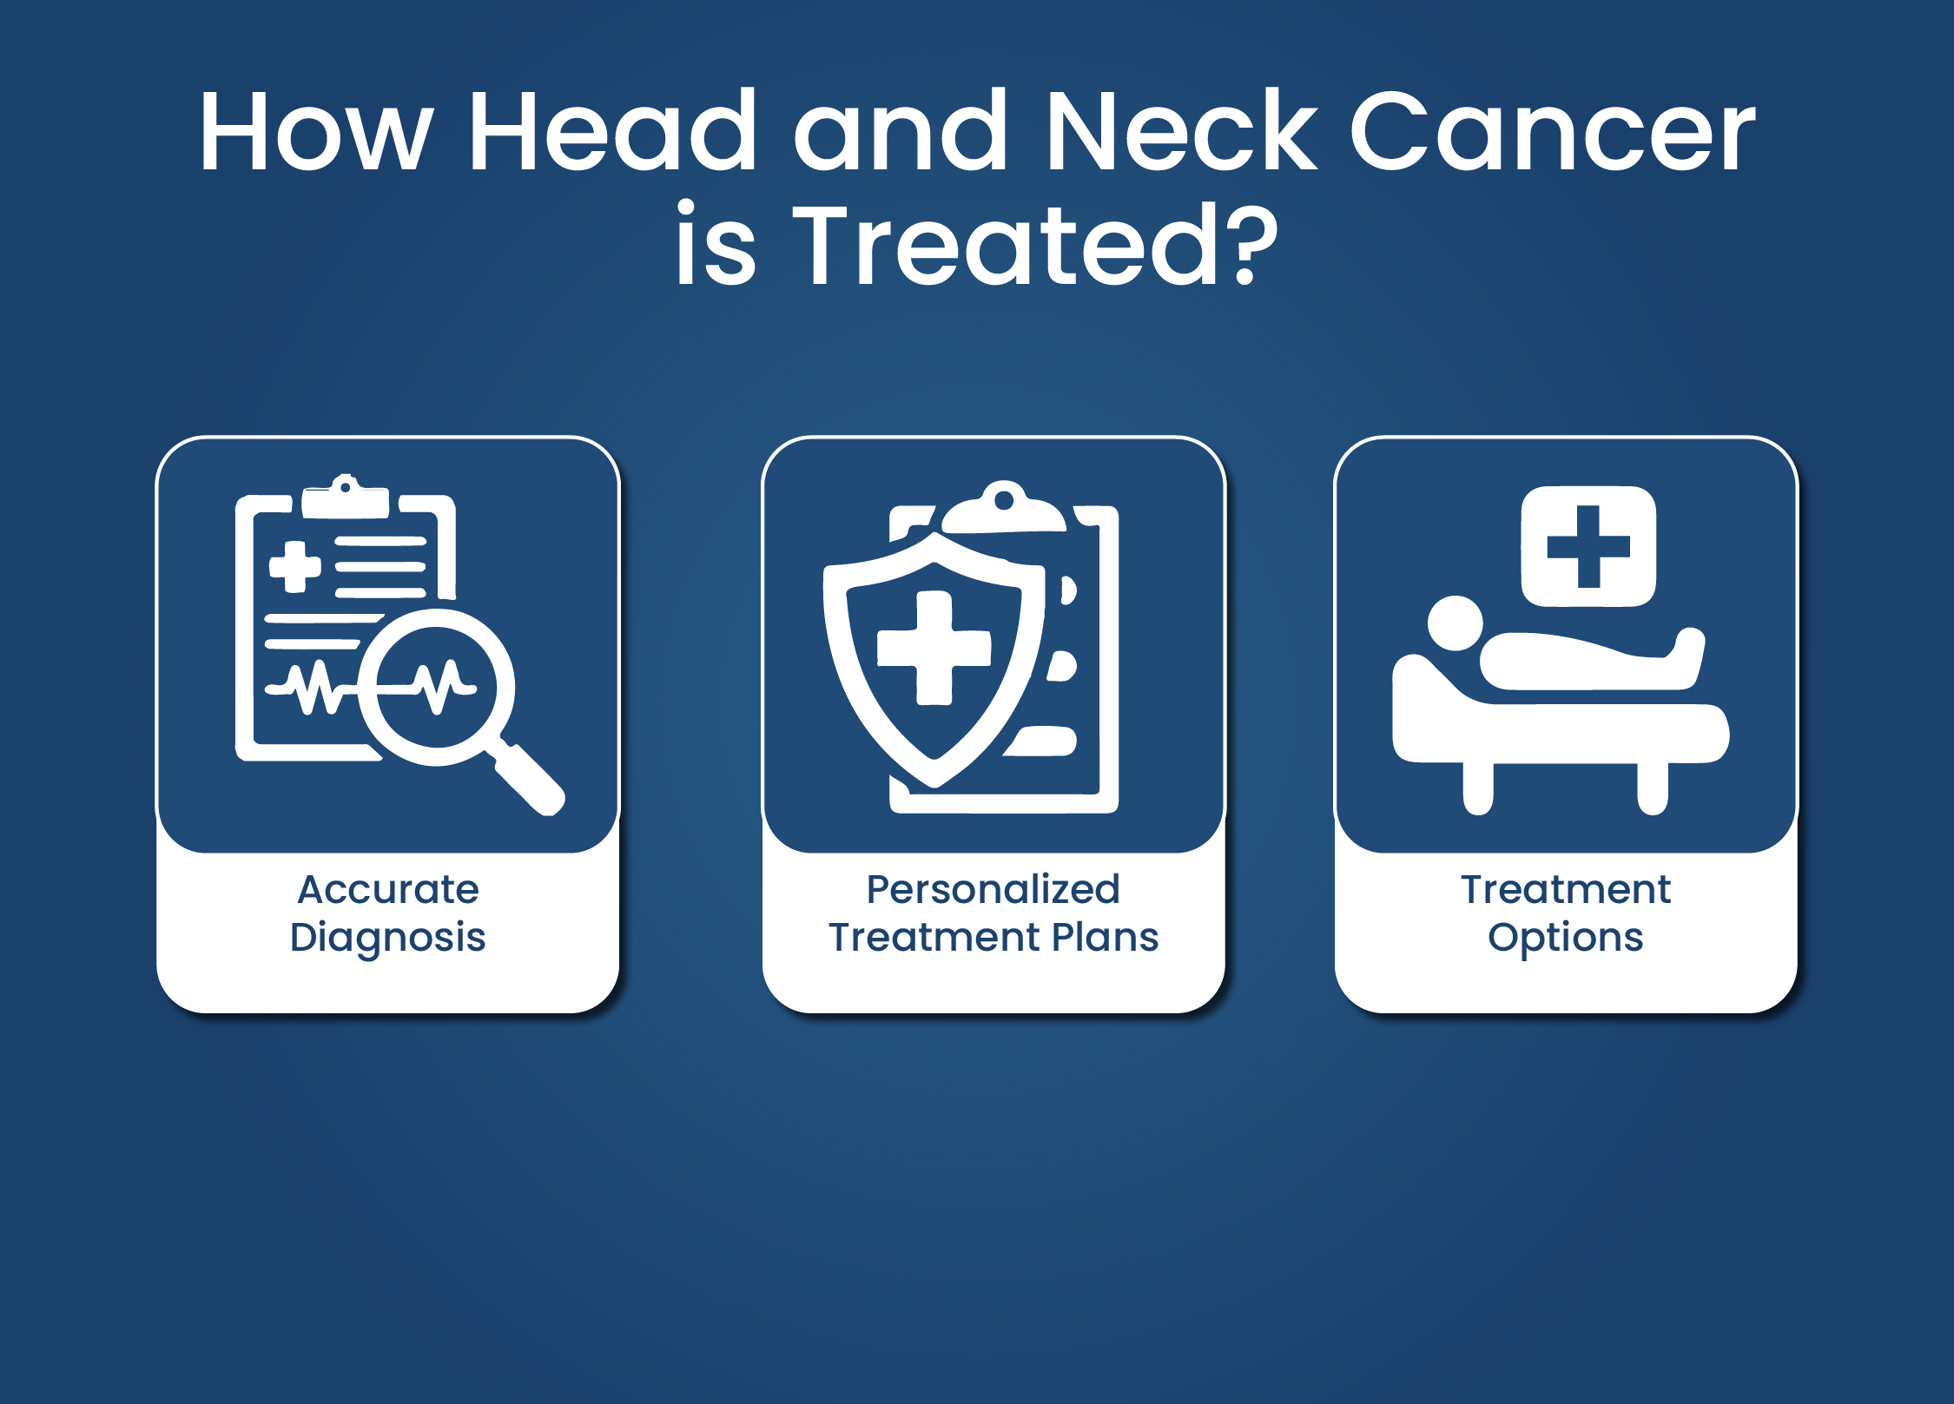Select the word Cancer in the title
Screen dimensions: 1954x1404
tap(1554, 130)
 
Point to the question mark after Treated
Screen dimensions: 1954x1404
tap(1251, 246)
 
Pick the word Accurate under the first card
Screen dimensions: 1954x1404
tap(388, 889)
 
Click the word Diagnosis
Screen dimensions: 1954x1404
tap(388, 939)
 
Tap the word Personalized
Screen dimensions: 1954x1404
tap(994, 889)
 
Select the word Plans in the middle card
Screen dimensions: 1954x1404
tap(1106, 938)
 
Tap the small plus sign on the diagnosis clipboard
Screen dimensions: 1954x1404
tap(295, 567)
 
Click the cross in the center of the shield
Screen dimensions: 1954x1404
tap(934, 648)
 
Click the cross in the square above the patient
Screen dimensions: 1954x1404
tap(1588, 546)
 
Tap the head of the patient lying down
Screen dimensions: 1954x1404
tap(1456, 623)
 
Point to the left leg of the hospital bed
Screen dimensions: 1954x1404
tap(1478, 788)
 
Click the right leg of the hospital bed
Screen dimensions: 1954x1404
tap(1653, 788)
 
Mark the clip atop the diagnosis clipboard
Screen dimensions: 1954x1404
tap(346, 498)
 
